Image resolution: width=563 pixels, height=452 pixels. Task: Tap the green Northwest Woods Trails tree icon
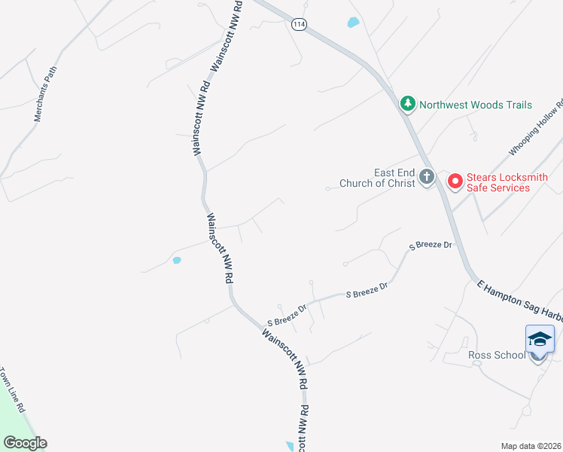[x=407, y=104]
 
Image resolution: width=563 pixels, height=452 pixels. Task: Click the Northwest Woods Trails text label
[x=476, y=105]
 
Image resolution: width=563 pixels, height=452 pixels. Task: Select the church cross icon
[x=427, y=178]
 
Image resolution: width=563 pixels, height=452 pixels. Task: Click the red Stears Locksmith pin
[x=455, y=182]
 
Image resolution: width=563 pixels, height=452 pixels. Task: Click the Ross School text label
[x=497, y=355]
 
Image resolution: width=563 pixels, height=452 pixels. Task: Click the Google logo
[x=25, y=443]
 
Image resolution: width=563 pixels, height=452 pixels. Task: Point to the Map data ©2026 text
[x=531, y=446]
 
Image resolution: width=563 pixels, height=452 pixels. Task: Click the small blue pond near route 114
[x=352, y=23]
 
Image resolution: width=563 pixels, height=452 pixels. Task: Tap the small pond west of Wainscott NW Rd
[x=177, y=261]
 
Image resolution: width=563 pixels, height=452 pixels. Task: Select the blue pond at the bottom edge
[x=291, y=447]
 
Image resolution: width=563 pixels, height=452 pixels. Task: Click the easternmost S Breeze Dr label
[x=431, y=246]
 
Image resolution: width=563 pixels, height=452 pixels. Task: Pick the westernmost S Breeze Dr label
[x=286, y=316]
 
